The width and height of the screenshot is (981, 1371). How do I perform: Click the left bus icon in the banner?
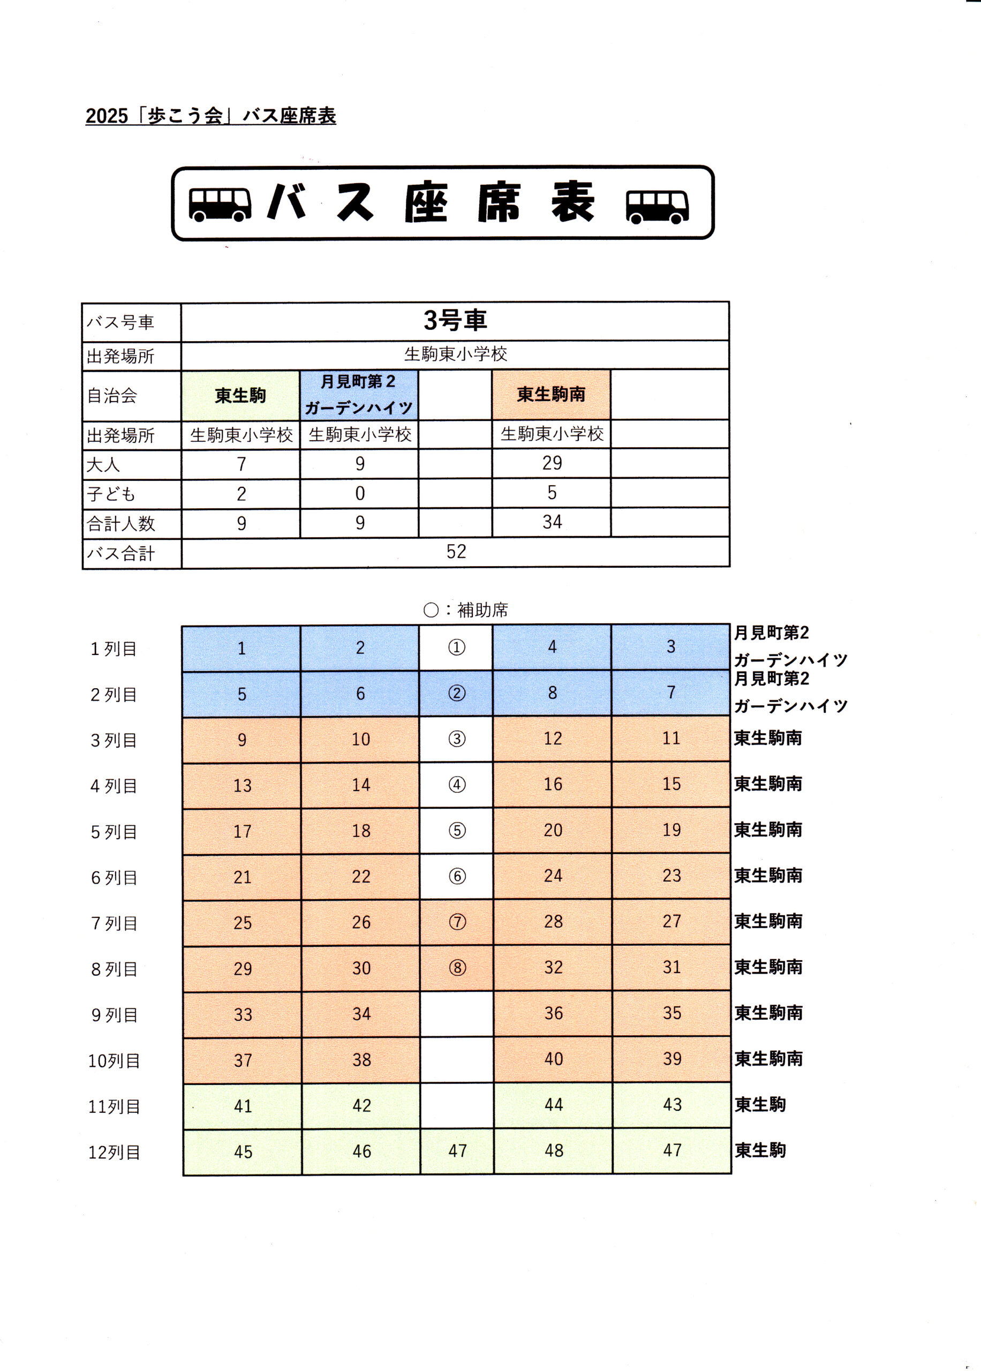coord(220,204)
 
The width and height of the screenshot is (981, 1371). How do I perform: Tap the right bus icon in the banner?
coord(657,207)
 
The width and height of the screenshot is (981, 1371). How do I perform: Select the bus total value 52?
coord(456,552)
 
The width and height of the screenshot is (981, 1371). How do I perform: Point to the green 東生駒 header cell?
coord(240,396)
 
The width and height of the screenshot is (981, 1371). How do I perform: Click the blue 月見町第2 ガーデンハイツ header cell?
coord(359,395)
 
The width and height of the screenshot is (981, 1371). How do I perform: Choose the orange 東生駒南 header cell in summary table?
coord(551,394)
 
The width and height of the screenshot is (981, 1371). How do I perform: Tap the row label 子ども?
coord(111,494)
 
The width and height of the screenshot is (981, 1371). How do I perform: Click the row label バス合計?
coord(121,553)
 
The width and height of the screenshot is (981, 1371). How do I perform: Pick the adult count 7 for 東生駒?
coord(241,464)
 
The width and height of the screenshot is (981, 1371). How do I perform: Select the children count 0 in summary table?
coord(360,493)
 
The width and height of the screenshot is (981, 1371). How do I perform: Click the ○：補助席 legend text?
coord(466,610)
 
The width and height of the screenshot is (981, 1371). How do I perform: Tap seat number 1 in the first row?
coord(241,649)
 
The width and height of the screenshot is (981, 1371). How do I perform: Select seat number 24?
coord(553,876)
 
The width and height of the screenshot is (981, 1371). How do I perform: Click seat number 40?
coord(553,1059)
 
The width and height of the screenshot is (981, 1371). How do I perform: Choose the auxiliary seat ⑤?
coord(457,831)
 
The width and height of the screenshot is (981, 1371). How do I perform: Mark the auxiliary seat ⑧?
coord(458,968)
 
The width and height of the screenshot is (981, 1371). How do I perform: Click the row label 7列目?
coord(114,923)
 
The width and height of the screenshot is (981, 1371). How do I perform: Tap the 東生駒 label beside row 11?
coord(760,1105)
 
